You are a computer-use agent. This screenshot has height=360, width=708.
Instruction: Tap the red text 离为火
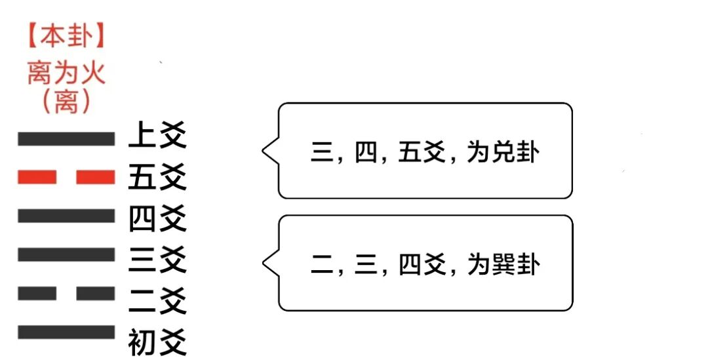[66, 72]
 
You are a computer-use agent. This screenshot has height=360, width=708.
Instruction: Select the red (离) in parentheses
[66, 102]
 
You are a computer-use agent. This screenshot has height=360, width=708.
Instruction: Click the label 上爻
[157, 138]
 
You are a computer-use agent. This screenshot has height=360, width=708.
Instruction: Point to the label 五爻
[157, 178]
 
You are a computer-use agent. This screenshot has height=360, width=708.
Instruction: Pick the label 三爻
[157, 259]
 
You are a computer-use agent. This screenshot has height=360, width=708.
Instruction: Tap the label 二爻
[157, 300]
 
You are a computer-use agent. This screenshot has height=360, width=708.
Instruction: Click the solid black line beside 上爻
[66, 138]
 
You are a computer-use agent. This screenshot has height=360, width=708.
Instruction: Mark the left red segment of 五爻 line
[37, 177]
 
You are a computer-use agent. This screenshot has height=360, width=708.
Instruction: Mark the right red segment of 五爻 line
[96, 177]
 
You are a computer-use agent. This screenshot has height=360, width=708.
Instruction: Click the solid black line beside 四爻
[66, 216]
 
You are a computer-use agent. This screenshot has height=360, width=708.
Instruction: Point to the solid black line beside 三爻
[66, 254]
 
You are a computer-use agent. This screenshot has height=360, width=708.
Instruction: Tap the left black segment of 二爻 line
[37, 293]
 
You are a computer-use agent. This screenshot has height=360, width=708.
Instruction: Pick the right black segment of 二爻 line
[96, 293]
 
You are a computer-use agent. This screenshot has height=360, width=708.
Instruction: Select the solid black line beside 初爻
[66, 332]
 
